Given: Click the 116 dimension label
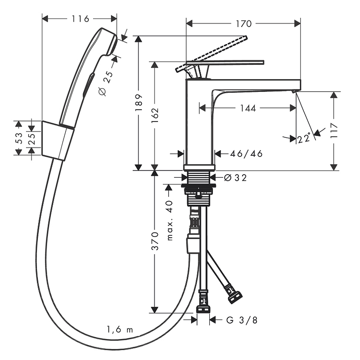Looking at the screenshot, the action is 81,19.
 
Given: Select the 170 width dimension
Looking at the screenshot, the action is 244,24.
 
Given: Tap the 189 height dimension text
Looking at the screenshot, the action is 139,103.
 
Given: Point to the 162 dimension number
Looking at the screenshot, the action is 155,115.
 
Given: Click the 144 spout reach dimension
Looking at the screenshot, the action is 248,108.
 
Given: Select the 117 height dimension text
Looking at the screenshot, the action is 334,130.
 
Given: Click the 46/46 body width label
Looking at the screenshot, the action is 246,154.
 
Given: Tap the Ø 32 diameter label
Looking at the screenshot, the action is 235,178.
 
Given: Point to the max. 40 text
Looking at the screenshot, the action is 170,220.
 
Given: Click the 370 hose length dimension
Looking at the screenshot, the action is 155,241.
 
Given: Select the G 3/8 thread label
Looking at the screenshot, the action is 242,320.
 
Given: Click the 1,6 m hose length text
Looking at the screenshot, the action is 120,329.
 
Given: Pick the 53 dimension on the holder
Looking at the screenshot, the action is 19,138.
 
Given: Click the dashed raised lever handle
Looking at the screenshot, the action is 211,54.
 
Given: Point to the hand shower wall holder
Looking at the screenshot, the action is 58,140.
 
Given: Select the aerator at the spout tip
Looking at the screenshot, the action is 294,92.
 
